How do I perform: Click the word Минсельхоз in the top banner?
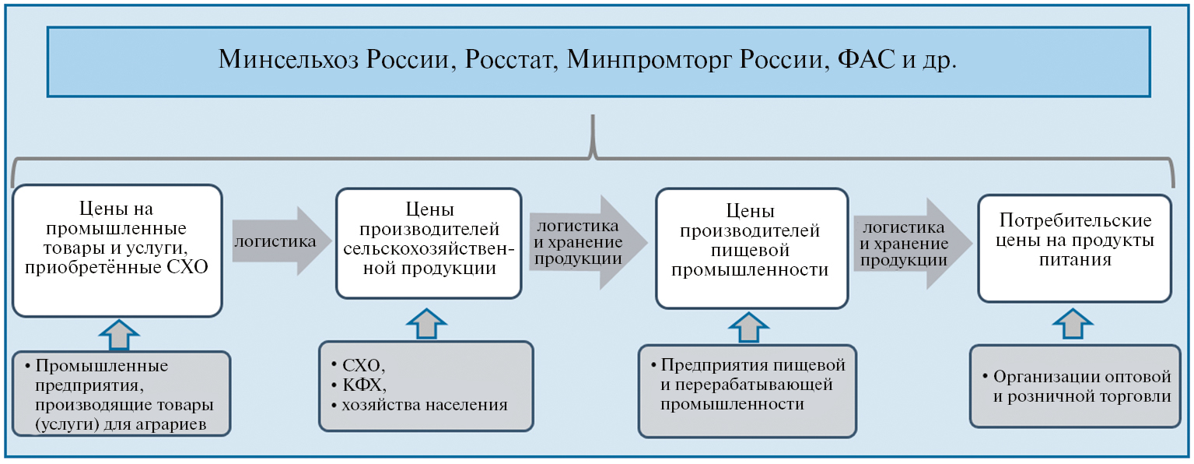click(289, 59)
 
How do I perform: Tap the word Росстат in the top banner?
click(511, 59)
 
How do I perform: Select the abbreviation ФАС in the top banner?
click(867, 59)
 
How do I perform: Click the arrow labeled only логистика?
click(282, 241)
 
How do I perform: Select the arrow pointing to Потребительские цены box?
click(913, 244)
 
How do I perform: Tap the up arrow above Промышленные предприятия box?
click(119, 335)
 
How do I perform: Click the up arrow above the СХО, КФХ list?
click(426, 324)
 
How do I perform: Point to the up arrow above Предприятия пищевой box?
click(748, 328)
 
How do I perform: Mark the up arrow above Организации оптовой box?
click(1073, 324)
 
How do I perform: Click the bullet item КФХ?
click(364, 385)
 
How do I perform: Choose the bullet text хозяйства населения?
click(424, 405)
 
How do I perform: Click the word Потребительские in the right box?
click(1076, 220)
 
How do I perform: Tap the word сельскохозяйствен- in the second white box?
click(429, 248)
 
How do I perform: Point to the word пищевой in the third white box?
click(750, 250)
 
